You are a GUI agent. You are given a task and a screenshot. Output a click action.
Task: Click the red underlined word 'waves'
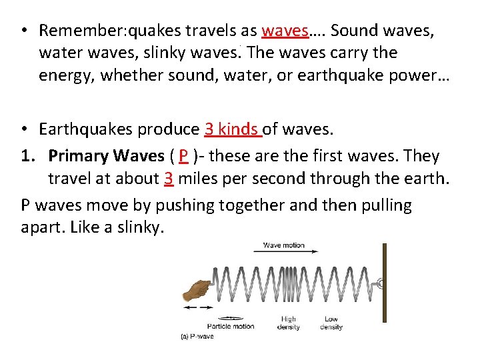point(285,31)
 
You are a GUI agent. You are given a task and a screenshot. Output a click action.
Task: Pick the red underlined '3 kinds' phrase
point(233,129)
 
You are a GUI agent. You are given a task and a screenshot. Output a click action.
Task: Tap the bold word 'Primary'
point(79,156)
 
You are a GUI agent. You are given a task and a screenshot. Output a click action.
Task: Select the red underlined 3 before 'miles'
point(169,179)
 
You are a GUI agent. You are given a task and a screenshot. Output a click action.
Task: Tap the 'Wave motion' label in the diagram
point(283,245)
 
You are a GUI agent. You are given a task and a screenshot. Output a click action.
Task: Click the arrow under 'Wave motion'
point(286,252)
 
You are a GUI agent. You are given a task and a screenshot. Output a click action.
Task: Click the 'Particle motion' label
point(231,327)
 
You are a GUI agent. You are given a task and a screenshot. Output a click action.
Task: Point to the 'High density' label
point(289,323)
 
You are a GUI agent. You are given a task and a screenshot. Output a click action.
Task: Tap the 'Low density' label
point(331,323)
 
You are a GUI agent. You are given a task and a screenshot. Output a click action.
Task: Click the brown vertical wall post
point(384,283)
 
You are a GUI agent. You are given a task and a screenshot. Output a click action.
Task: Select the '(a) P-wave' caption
point(198,336)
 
